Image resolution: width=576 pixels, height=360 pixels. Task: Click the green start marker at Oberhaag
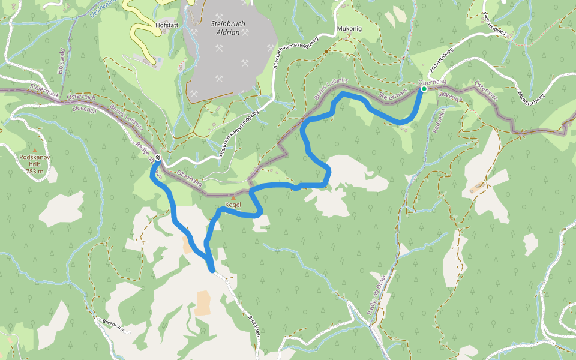pyautogui.click(x=424, y=89)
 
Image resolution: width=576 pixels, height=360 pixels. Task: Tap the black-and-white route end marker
pyautogui.click(x=157, y=157)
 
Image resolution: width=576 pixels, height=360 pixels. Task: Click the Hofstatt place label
pyautogui.click(x=167, y=26)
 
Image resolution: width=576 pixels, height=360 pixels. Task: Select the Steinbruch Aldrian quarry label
pyautogui.click(x=225, y=28)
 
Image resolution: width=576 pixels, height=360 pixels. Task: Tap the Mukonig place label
pyautogui.click(x=350, y=28)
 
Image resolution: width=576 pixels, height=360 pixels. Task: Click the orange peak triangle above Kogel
pyautogui.click(x=233, y=198)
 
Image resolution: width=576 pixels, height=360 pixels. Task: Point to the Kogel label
pyautogui.click(x=233, y=205)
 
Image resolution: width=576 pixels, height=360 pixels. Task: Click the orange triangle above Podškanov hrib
pyautogui.click(x=35, y=150)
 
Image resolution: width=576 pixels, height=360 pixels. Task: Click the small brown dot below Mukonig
pyautogui.click(x=327, y=52)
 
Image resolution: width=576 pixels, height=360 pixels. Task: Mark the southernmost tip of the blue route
pyautogui.click(x=212, y=271)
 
